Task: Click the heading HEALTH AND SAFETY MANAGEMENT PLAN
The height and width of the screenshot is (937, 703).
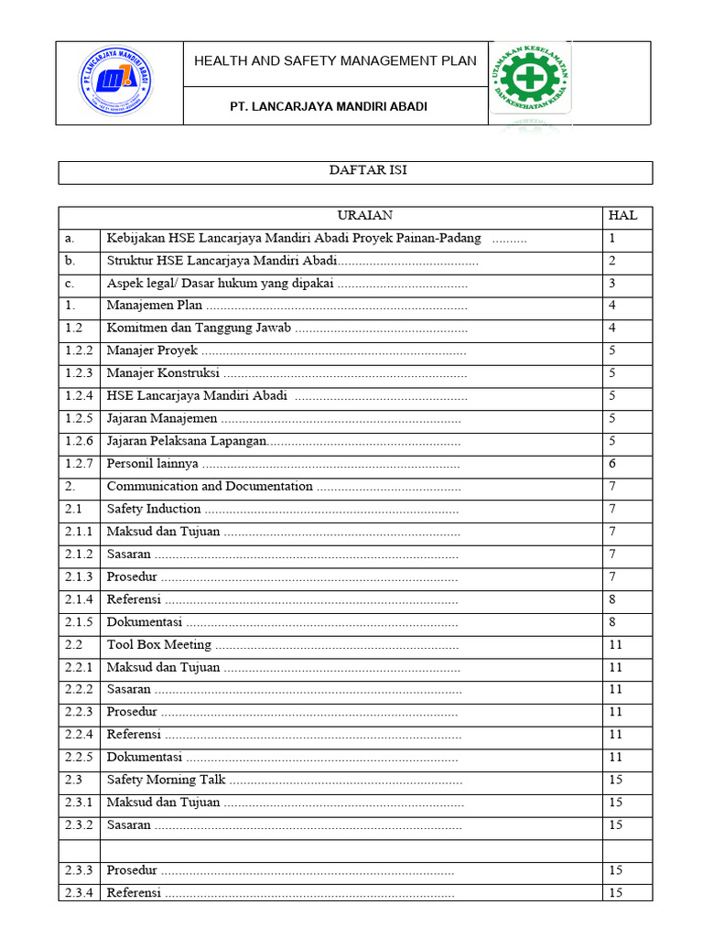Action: coord(335,61)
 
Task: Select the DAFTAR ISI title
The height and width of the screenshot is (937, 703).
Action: coord(355,171)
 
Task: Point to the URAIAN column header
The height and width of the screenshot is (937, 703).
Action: coord(364,216)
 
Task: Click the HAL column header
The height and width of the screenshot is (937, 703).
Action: coord(622,216)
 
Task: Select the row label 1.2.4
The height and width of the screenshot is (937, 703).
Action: coord(79,396)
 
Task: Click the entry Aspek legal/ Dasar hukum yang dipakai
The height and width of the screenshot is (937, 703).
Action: coord(220,284)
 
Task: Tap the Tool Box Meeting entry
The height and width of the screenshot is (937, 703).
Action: coord(159,644)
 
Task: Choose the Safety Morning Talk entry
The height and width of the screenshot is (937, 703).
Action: coord(166,780)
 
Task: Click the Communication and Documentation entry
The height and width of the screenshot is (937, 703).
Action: coord(210,487)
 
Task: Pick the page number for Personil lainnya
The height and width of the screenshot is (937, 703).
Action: coord(612,464)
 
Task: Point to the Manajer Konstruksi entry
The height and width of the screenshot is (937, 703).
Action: coord(163,373)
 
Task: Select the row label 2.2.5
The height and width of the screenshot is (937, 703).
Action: coord(79,757)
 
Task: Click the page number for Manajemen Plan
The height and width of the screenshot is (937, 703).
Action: coord(612,306)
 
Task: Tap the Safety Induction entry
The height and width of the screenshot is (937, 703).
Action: coord(154,509)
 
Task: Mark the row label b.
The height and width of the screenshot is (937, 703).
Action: coord(70,261)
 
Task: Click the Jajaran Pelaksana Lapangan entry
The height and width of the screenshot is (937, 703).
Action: coord(186,441)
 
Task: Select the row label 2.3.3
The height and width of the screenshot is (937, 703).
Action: coord(79,870)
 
